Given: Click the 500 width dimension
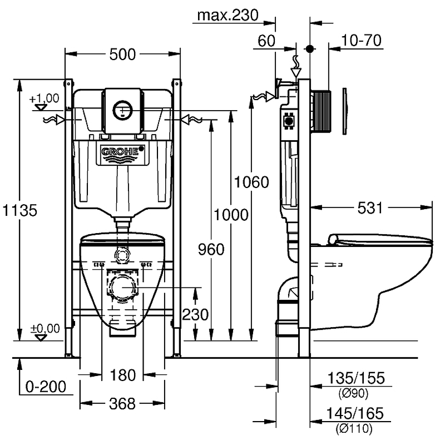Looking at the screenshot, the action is pos(122,54).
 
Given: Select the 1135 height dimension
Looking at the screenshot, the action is pos(20,210).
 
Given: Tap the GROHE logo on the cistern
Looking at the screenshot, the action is pos(122,151).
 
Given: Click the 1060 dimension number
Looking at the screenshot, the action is pos(251,182).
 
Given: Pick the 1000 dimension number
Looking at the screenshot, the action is pos(231,215).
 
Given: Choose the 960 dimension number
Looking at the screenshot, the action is pos(211,249).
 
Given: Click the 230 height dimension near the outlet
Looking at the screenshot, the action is pos(195,314).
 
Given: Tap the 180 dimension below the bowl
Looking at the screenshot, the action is pos(122,375).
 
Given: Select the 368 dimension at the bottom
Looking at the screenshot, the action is pos(122,404).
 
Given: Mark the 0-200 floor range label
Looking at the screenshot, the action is pos(46,387).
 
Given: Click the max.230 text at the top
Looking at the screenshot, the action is pos(228,15).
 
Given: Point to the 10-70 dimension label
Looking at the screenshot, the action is pos(361,40).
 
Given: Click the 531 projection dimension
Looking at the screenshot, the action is pos(370,207).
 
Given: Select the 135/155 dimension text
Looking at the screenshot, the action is pos(356,378).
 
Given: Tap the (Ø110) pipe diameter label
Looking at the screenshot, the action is pos(354,428).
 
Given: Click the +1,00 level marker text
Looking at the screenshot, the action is pos(44,98).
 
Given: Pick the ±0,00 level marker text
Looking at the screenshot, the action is pos(45,328).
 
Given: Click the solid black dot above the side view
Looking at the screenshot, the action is pos(310,49).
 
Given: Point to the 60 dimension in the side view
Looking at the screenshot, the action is pos(266,41).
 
